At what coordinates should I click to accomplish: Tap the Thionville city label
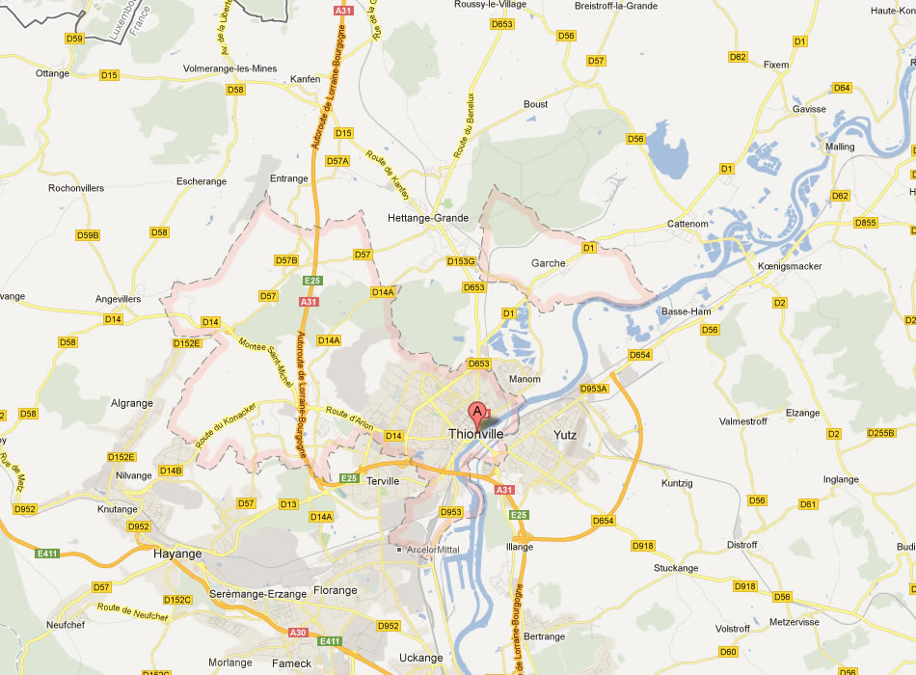pos(476,435)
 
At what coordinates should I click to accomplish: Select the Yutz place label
pos(565,435)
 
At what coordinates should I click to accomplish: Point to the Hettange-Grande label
pos(427,218)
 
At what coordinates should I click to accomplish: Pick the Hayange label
pos(177,553)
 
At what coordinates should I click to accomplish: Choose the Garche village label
pos(548,263)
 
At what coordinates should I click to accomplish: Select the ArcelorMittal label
pos(435,550)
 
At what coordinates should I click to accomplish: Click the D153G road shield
pos(462,261)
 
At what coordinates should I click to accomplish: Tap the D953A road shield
pos(594,389)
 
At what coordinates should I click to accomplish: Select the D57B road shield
pos(286,260)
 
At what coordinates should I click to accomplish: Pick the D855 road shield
pos(866,223)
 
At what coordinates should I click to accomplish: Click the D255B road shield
pos(880,433)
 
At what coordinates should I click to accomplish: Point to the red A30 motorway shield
pos(297,633)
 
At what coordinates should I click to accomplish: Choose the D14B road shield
pos(171,471)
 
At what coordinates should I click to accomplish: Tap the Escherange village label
pos(202,180)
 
